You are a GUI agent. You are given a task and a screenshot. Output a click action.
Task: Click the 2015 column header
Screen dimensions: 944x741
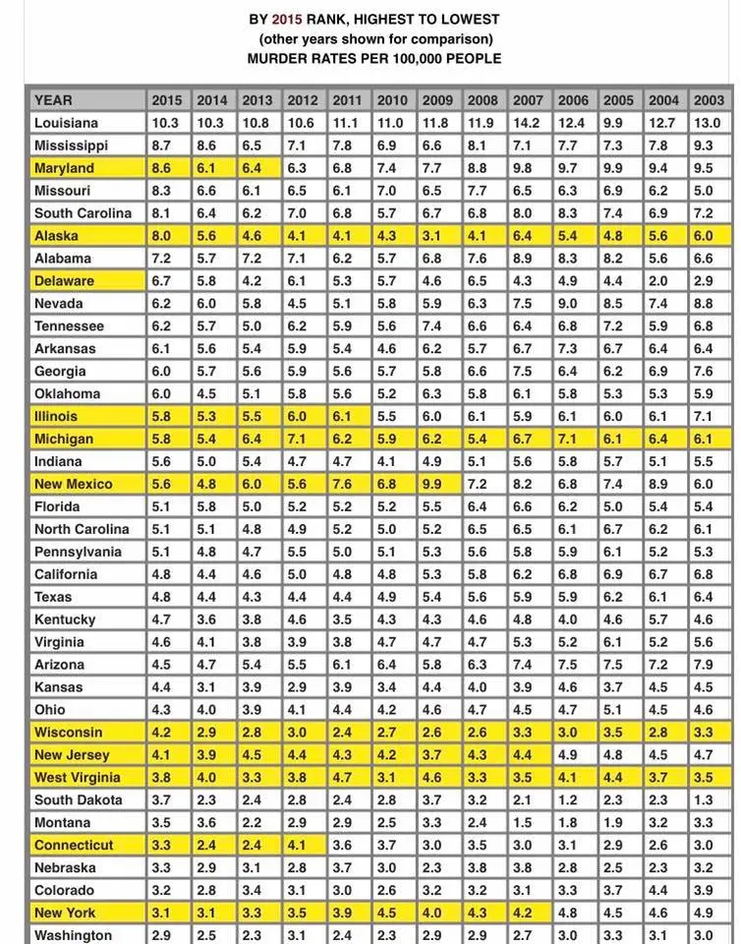click(x=166, y=100)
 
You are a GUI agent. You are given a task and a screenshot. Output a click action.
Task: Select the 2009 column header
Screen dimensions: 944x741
click(x=436, y=100)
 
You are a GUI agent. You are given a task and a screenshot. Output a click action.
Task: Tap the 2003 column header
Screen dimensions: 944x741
click(x=708, y=100)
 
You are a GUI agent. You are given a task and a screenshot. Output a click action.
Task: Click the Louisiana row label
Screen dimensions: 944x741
click(x=66, y=123)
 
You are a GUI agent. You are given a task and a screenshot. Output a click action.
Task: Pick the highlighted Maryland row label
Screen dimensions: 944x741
click(x=64, y=168)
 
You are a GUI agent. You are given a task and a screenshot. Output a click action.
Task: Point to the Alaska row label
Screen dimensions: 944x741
click(x=56, y=236)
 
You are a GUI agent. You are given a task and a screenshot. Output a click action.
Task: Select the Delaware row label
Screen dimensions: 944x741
click(x=64, y=281)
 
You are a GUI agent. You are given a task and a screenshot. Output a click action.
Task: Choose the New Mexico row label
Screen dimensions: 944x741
click(x=73, y=484)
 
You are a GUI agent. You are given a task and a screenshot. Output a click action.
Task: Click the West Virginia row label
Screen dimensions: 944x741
click(x=77, y=777)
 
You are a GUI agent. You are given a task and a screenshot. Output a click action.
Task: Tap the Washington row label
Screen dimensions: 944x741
click(x=73, y=935)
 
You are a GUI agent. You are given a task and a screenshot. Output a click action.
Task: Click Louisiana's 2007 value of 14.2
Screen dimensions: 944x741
click(x=527, y=123)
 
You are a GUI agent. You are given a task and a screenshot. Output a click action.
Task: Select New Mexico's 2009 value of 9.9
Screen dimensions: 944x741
click(x=436, y=484)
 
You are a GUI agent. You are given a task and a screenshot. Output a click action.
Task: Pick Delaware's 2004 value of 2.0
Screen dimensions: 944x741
click(x=662, y=281)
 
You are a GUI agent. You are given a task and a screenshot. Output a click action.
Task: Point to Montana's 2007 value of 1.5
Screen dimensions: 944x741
click(x=527, y=822)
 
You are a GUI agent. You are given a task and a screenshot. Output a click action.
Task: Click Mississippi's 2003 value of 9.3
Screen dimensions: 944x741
click(x=708, y=146)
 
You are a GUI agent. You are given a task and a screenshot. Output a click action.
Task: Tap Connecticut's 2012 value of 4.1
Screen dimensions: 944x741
click(x=302, y=845)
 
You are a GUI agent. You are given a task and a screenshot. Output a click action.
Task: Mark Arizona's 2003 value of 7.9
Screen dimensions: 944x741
click(x=708, y=665)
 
